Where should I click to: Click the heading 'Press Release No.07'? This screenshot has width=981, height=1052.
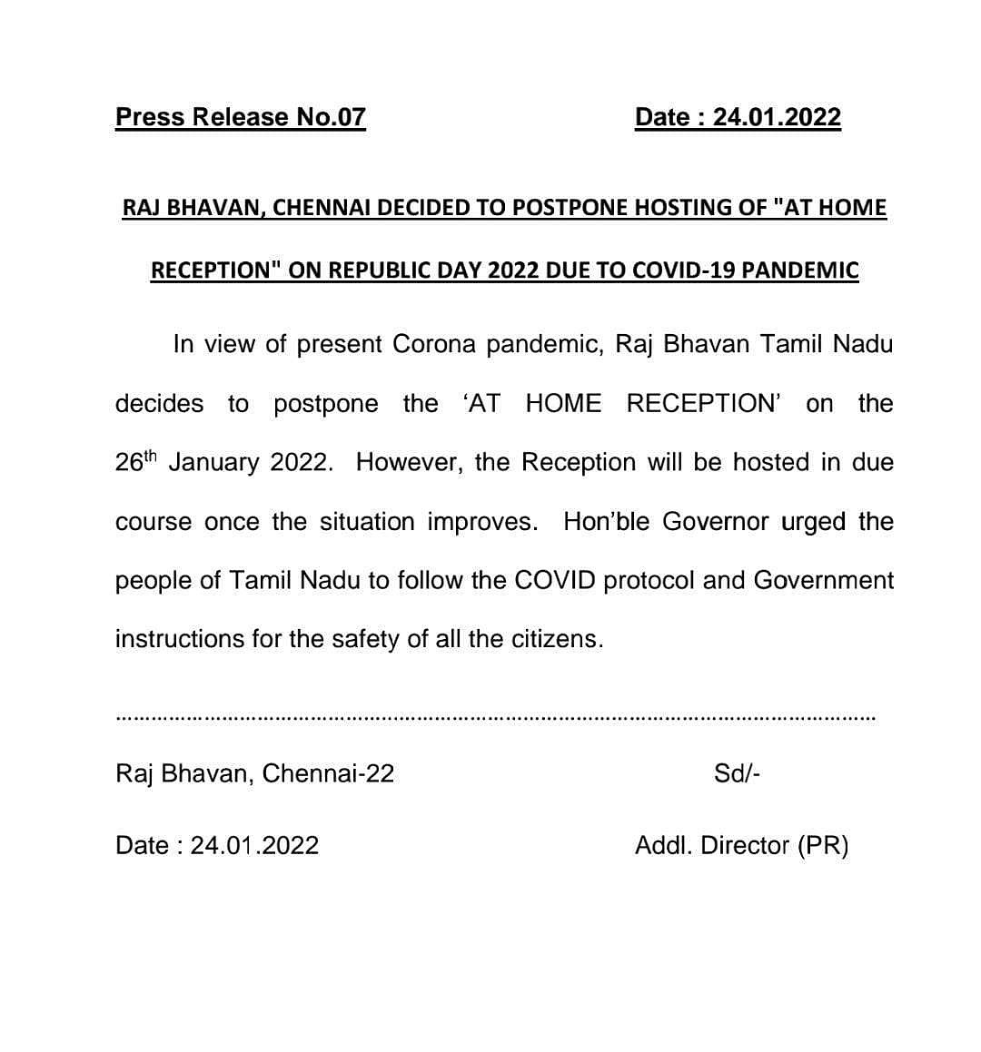point(241,117)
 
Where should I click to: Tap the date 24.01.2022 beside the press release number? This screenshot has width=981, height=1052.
point(777,117)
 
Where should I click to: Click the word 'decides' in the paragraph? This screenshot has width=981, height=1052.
point(159,404)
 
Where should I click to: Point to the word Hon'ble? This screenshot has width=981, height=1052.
point(607,522)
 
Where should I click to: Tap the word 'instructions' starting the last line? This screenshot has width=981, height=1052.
point(179,639)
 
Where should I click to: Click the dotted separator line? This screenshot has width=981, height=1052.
point(496,718)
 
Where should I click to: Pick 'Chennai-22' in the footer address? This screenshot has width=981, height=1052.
point(328,773)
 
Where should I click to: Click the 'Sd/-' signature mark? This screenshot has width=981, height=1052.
point(737,773)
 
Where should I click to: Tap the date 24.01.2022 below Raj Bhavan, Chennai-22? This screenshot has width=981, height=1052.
point(254,846)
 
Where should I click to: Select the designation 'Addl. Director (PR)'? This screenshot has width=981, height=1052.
point(741,846)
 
